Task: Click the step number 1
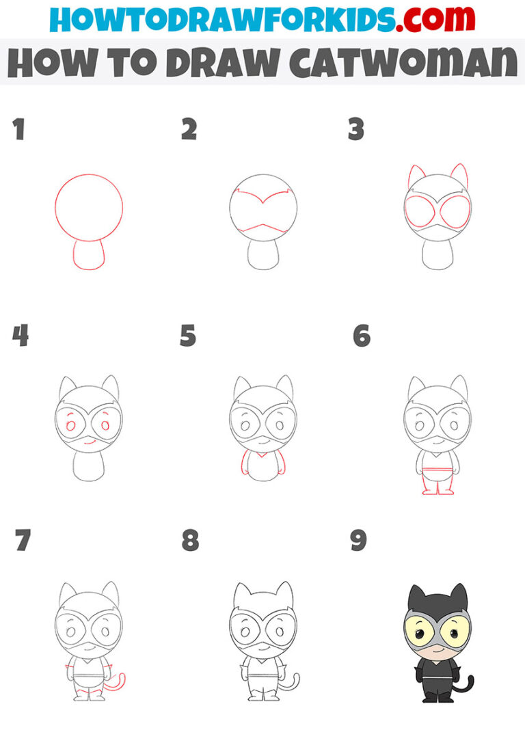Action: [x=18, y=130]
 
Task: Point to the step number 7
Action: [x=22, y=541]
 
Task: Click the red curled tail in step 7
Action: [x=120, y=684]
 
